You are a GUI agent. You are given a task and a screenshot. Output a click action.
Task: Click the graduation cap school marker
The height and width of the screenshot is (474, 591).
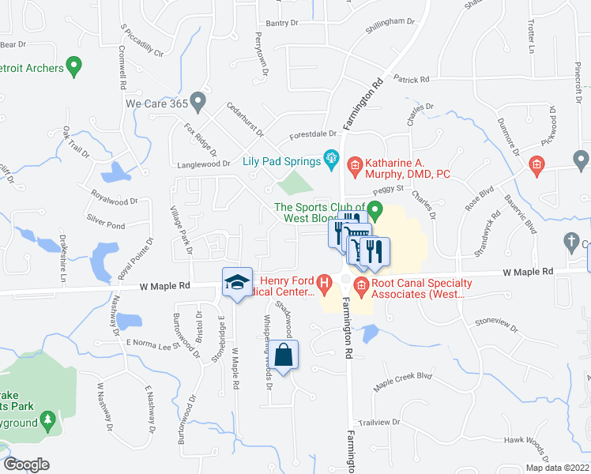(236, 283)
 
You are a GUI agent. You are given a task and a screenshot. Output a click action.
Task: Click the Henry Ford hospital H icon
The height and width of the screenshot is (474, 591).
(323, 282)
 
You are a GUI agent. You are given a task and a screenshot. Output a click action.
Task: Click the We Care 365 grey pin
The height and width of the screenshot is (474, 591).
(198, 101)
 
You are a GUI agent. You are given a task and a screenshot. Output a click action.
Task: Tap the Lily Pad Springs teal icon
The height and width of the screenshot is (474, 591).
(332, 161)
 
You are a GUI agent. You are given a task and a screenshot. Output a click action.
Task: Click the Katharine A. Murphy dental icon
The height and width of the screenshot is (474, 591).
(355, 164)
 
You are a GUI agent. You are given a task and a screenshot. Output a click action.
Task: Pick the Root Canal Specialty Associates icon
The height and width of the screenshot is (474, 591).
(362, 285)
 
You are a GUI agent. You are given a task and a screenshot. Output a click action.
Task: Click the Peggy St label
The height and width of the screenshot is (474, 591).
(389, 190)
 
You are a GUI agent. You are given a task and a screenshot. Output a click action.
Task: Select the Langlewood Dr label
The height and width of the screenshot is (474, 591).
(203, 164)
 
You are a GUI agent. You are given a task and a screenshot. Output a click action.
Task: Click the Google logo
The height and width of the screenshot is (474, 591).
(26, 465)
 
